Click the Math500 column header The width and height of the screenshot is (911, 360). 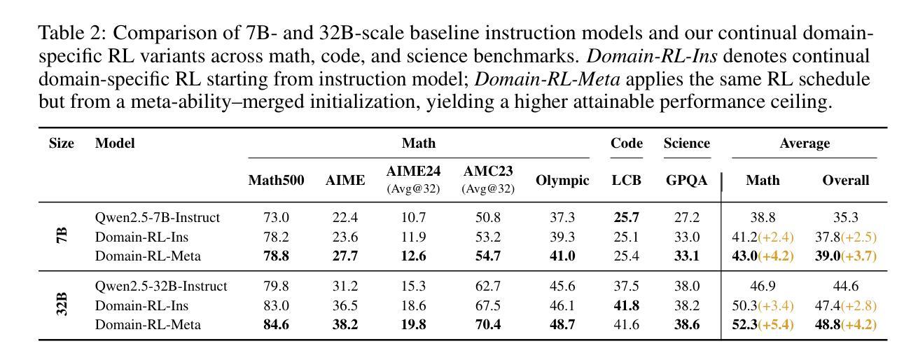pos(276,180)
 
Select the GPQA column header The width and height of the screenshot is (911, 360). pos(686,180)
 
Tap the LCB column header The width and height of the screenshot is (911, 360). pos(626,180)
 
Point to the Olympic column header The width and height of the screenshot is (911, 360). pos(562,180)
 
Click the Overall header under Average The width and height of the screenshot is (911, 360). pos(845,180)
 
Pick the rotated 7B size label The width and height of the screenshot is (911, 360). pos(62,236)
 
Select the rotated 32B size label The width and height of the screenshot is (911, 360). pos(62,304)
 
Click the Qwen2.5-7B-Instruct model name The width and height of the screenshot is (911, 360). pos(158,218)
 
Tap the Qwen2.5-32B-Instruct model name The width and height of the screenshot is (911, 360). pos(161,286)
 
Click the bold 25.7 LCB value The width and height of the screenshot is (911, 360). pos(626,218)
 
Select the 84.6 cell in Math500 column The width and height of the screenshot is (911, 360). pos(276,324)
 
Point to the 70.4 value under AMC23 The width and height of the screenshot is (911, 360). pos(488,324)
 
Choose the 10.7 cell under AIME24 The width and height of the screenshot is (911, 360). pos(413,218)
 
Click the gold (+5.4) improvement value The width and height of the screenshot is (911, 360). pos(776,324)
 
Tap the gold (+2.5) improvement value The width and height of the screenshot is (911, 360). pos(859,237)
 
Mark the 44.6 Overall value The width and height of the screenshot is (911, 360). pos(845,286)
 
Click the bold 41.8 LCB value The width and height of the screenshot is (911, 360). pos(626,305)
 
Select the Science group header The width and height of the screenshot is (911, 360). pos(687,143)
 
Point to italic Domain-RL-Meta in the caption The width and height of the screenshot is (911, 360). pos(548,79)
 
